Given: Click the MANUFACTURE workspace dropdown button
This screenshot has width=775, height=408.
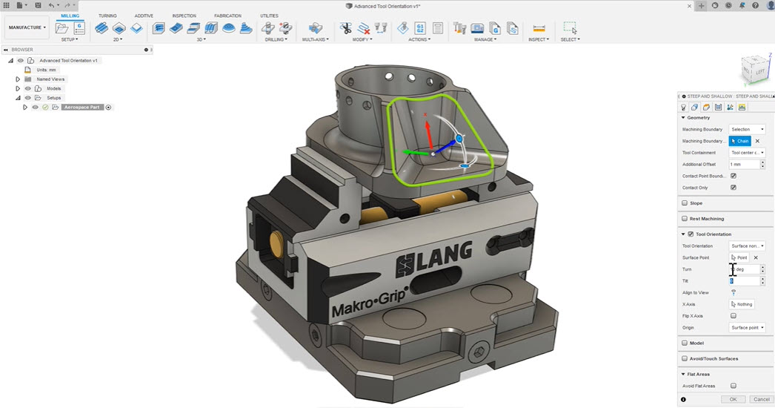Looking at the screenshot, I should pos(27,28).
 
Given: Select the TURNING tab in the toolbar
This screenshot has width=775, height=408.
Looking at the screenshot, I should pos(107,16).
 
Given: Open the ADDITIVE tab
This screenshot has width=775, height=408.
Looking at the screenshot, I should pos(144,16).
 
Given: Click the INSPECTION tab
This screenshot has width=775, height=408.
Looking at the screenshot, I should pos(184,16).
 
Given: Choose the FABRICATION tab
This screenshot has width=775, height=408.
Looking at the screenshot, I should pos(227,16).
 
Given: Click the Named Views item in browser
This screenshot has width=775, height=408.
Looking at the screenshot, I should pos(50,79).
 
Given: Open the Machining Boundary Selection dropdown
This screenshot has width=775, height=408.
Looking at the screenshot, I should pos(747,129).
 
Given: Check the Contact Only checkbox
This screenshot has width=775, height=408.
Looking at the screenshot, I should pos(733,188).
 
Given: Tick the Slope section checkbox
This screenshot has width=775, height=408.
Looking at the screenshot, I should pos(685,203).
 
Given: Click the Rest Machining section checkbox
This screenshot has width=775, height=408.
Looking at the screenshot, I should pos(685,219).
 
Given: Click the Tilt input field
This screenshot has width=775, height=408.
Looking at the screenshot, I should pos(744,281).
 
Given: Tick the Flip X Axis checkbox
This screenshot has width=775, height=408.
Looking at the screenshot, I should pos(733,316).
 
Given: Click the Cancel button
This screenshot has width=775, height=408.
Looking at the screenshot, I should pos(760,399).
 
